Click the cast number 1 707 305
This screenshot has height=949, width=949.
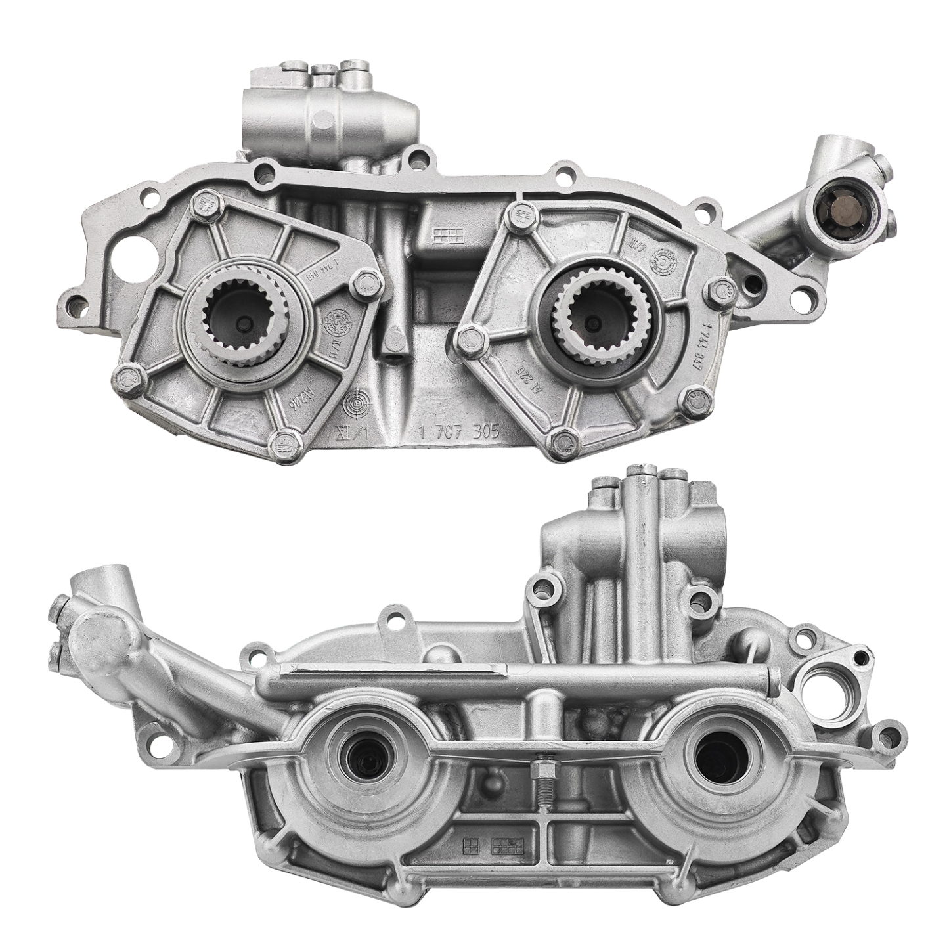coord(459,432)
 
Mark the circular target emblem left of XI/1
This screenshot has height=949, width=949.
coord(355,401)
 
